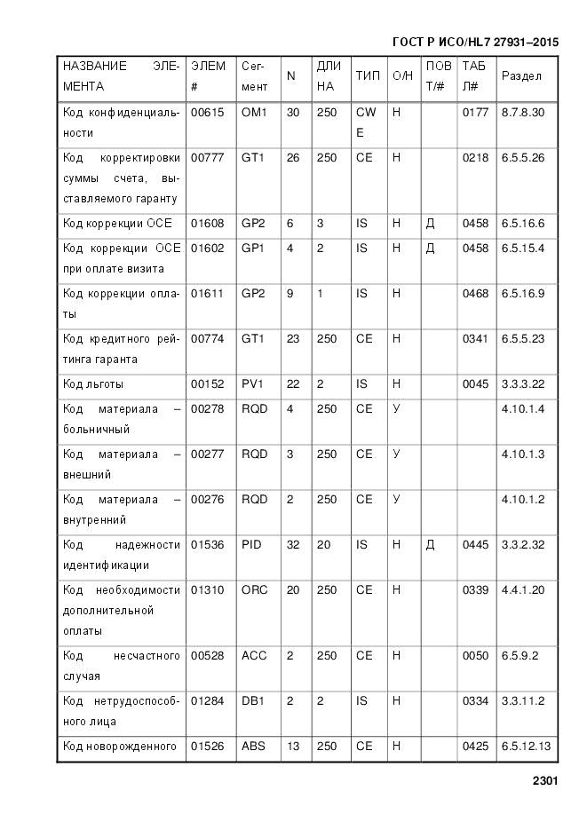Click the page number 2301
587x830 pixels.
pos(544,781)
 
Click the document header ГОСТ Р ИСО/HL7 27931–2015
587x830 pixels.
pos(474,43)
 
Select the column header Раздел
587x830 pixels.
pos(521,76)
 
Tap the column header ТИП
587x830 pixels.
pos(367,76)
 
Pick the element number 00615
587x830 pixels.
pos(207,113)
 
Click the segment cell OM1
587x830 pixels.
pos(254,113)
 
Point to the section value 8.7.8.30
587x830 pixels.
pos(523,113)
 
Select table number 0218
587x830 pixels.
pos(475,158)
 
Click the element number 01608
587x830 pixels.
pos(207,223)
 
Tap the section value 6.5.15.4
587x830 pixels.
pos(523,248)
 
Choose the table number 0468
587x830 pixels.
pos(475,293)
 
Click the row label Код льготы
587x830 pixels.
pos(93,384)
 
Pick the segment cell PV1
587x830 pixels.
pos(253,384)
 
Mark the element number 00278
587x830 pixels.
pos(207,409)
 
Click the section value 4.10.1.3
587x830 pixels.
pos(523,455)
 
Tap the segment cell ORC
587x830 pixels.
pos(254,589)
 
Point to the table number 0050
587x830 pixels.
pos(475,656)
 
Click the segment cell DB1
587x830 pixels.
pos(253,701)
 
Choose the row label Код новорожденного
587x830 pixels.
pos(120,747)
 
